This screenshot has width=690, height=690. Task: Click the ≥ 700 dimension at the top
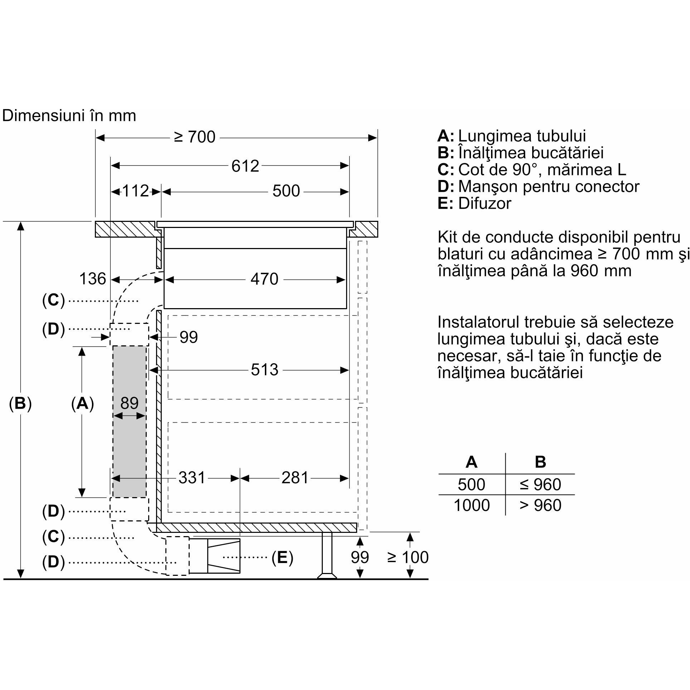point(195,137)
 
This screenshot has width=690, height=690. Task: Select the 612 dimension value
point(245,166)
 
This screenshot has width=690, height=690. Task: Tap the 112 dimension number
point(136,191)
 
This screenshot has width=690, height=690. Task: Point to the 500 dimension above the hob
point(286,191)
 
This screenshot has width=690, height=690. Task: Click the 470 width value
point(264,279)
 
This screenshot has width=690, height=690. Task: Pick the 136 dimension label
point(93,279)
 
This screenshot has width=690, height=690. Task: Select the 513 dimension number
point(264,370)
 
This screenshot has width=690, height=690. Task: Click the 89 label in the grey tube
point(129,403)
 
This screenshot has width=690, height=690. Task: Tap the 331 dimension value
point(192,478)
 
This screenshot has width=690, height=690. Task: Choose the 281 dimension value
point(295,478)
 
